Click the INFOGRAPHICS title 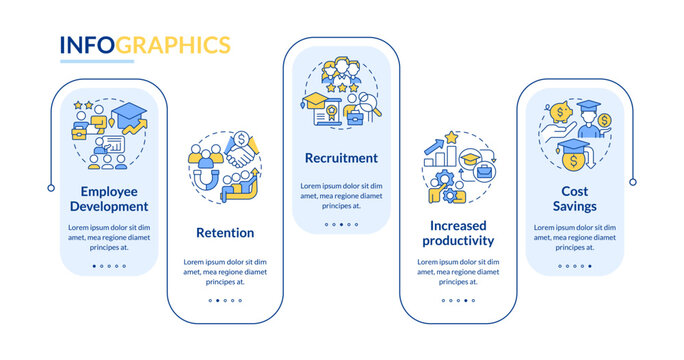pyautogui.click(x=145, y=45)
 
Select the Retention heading pyautogui.click(x=225, y=233)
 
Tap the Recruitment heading pyautogui.click(x=341, y=158)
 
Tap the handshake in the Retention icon pyautogui.click(x=240, y=160)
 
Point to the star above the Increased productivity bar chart pyautogui.click(x=452, y=136)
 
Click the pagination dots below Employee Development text pyautogui.click(x=109, y=266)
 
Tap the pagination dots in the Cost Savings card pyautogui.click(x=573, y=266)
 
